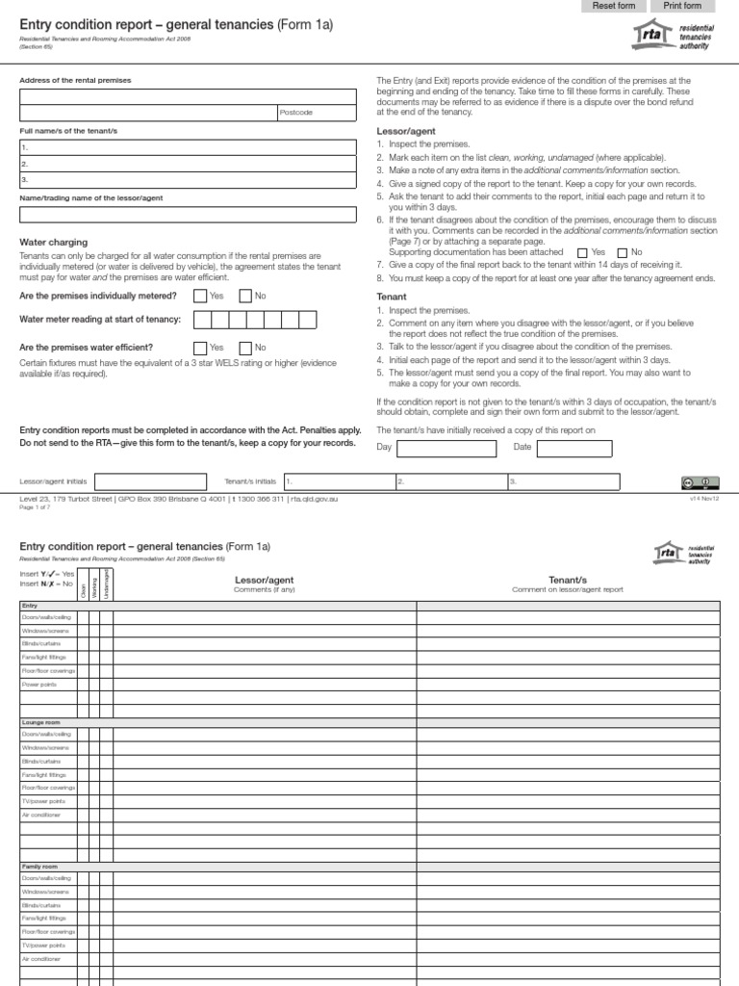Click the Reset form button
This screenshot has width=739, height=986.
pos(614,6)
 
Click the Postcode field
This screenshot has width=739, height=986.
pos(318,113)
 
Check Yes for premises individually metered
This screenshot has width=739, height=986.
pos(200,297)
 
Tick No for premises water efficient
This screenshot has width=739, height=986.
pos(245,348)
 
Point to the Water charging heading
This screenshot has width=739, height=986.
pos(54,243)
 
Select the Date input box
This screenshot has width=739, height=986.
pos(574,448)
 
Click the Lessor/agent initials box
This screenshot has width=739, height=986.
pos(150,480)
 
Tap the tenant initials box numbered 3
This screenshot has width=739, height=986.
pos(567,480)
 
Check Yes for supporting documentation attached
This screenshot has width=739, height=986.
pos(581,251)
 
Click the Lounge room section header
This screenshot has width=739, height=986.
pos(39,721)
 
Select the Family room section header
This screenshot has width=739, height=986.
pos(39,867)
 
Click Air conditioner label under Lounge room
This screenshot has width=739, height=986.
pos(42,814)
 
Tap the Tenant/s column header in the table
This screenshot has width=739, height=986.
pos(568,580)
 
